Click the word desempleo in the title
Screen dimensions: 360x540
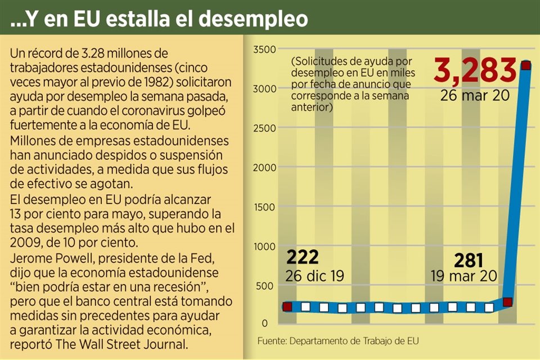[x=251, y=19]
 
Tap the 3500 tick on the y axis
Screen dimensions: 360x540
[x=263, y=49]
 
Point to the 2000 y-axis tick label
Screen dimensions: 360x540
[x=263, y=168]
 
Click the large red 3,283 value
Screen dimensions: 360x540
[x=475, y=71]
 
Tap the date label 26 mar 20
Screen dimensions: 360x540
[x=475, y=94]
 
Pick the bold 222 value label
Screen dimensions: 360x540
[x=303, y=257]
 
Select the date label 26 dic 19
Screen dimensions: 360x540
[x=316, y=276]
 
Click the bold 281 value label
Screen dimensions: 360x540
[x=469, y=260]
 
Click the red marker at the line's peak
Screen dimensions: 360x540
[x=526, y=66]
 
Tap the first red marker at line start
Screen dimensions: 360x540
[x=287, y=307]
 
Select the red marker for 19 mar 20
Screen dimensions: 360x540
[x=507, y=302]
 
